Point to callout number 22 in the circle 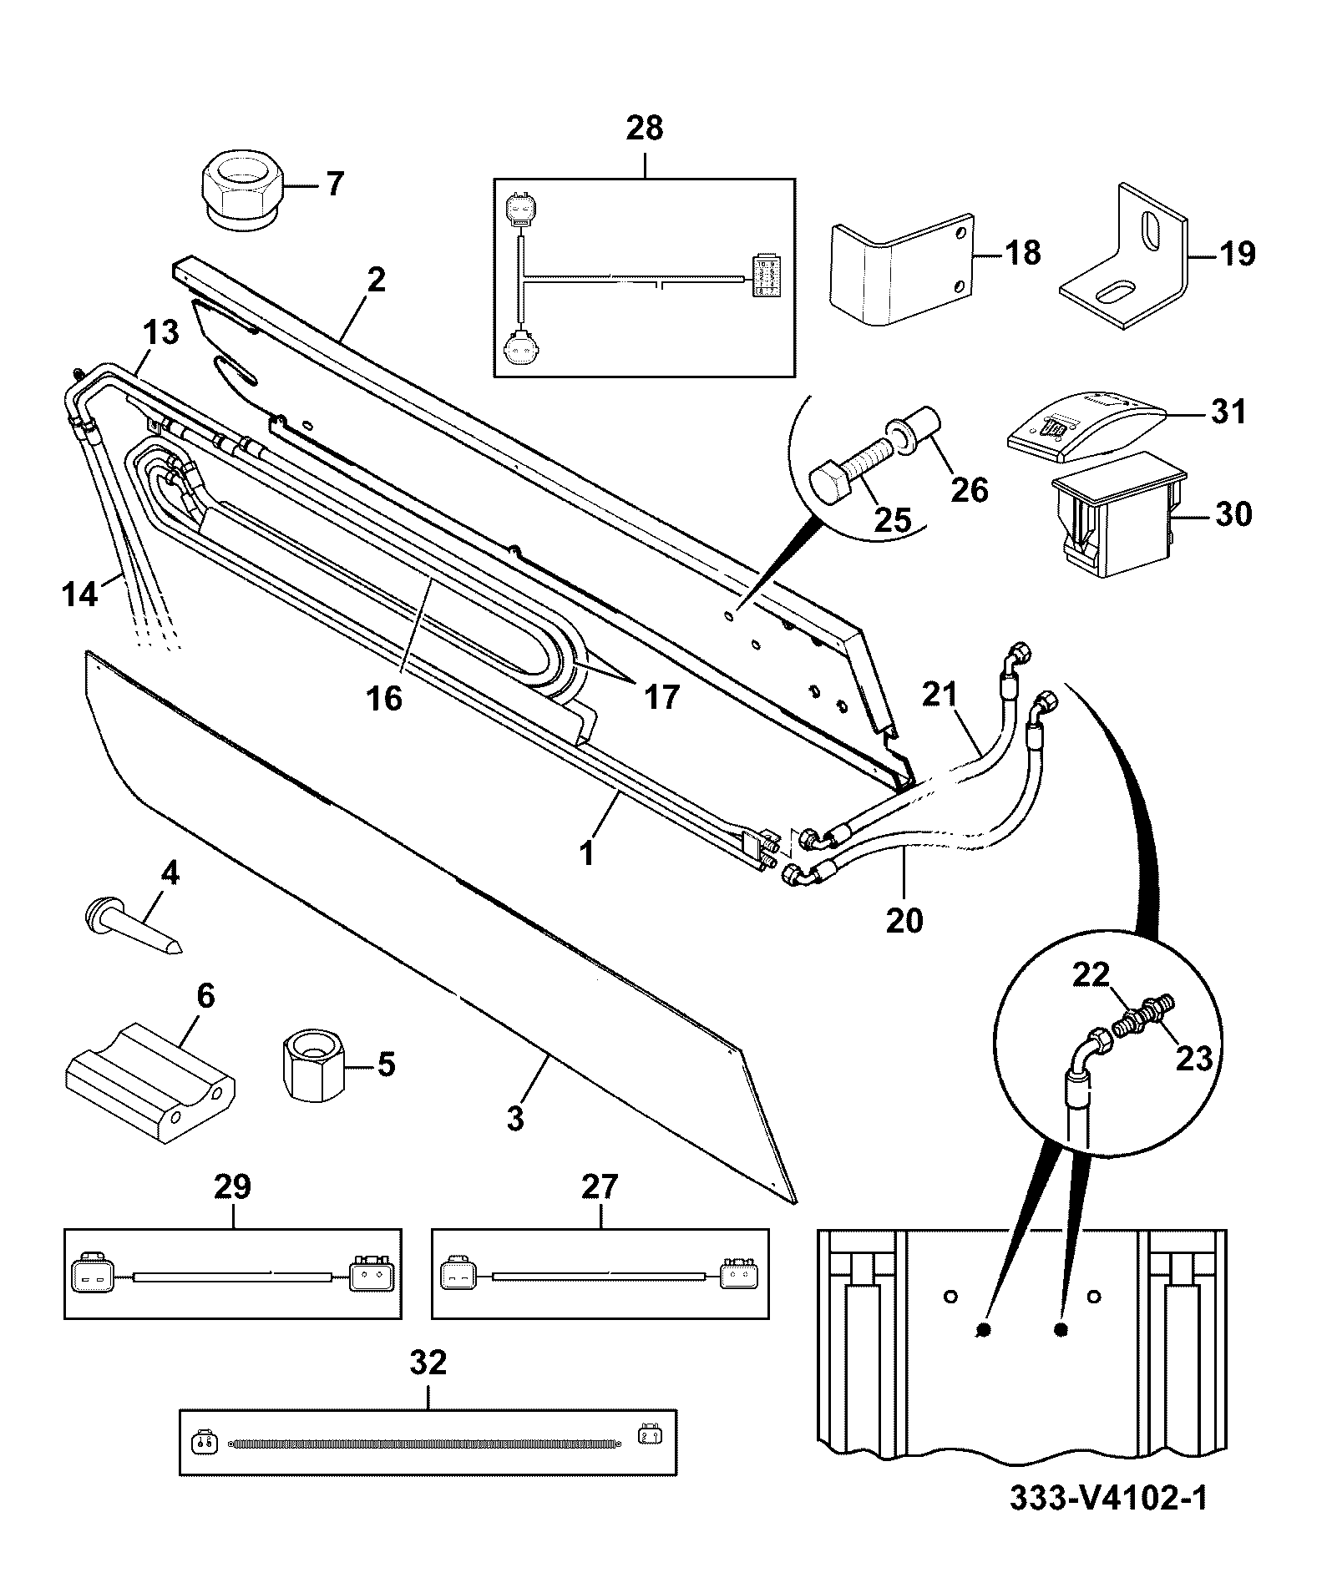pos(1091,974)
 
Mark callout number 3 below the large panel pos(515,1119)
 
